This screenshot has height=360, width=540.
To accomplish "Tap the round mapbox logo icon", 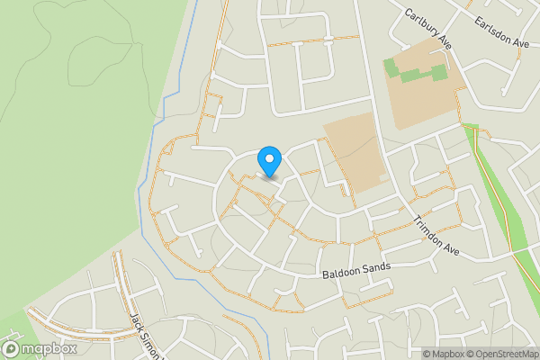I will click(x=11, y=348).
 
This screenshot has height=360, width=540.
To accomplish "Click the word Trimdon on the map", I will click(x=428, y=229).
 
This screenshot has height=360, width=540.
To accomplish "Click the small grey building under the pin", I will click(x=269, y=176).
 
